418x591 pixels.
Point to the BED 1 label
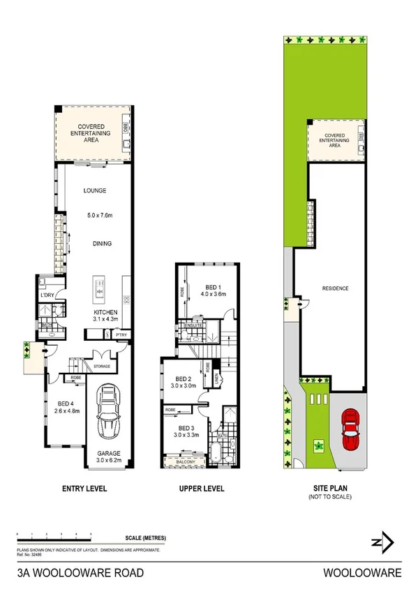click(x=213, y=286)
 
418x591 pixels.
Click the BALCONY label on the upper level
click(x=184, y=460)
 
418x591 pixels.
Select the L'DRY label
click(x=47, y=296)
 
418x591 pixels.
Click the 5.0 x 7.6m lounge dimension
click(x=98, y=215)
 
